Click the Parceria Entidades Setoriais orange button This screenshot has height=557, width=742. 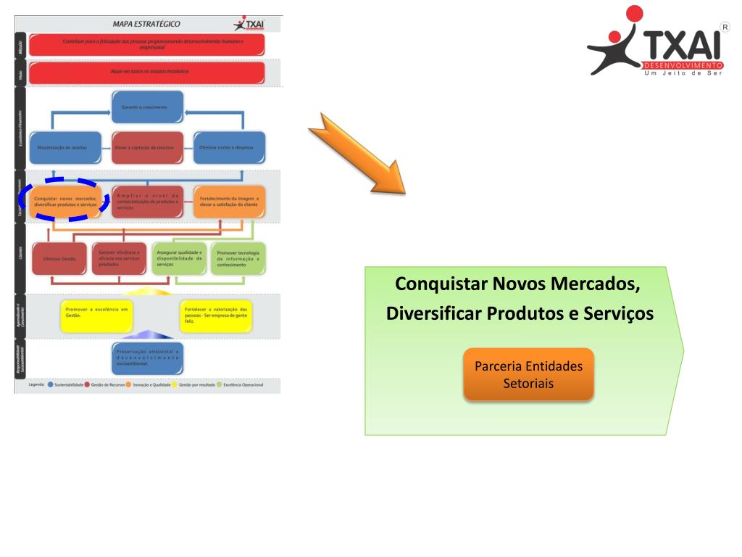(528, 374)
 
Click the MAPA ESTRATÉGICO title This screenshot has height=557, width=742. (146, 24)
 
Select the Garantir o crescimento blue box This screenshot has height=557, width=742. (147, 107)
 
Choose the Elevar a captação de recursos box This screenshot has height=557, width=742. (147, 147)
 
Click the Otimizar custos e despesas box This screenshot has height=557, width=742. (229, 147)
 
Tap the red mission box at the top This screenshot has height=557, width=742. (147, 44)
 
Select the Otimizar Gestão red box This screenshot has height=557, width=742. (59, 258)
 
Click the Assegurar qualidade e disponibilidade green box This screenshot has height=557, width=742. (179, 258)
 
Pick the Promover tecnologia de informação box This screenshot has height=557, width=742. (238, 258)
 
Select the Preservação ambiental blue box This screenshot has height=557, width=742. (147, 357)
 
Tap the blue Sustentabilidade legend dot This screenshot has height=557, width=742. (51, 385)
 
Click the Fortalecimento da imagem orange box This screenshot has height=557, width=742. (230, 202)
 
